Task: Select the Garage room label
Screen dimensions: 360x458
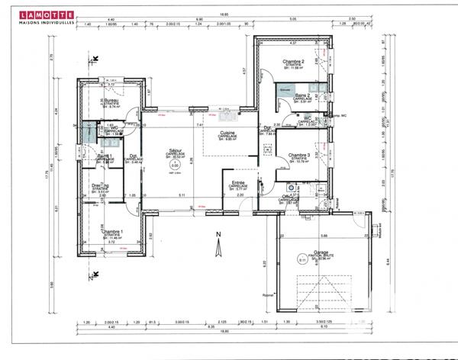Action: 321,251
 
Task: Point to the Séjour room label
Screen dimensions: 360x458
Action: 175,151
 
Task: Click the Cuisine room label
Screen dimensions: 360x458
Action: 228,133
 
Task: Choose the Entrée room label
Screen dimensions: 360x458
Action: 238,183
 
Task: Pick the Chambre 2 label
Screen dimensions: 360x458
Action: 293,62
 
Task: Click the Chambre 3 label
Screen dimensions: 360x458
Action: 297,155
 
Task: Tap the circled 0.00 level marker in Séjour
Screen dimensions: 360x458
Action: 175,164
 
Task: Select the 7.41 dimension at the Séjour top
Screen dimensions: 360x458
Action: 199,124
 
